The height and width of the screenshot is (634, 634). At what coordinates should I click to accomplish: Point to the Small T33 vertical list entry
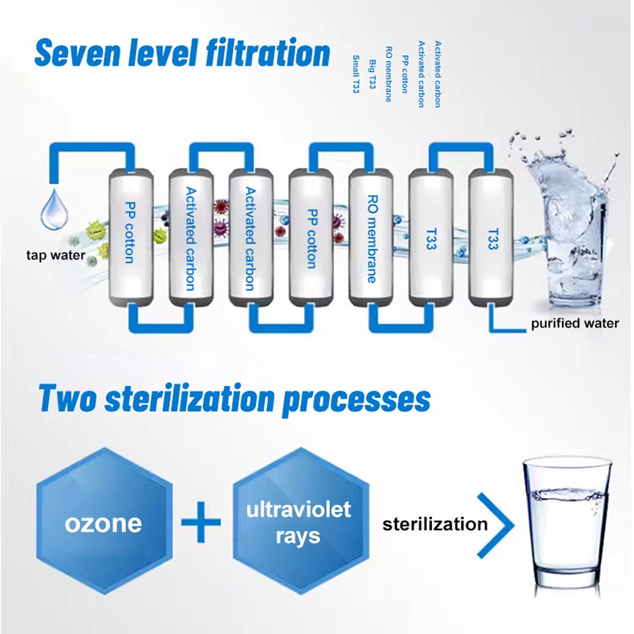click(356, 75)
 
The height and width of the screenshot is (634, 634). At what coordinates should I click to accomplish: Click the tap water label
click(55, 257)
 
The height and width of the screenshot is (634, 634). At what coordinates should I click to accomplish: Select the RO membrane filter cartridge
click(371, 238)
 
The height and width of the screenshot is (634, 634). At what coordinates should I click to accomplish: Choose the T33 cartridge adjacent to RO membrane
click(431, 238)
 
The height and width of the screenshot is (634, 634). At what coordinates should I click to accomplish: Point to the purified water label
click(575, 323)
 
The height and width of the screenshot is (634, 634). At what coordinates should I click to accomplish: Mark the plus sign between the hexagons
click(201, 525)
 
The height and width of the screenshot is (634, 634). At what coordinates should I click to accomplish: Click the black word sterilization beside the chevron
click(435, 525)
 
